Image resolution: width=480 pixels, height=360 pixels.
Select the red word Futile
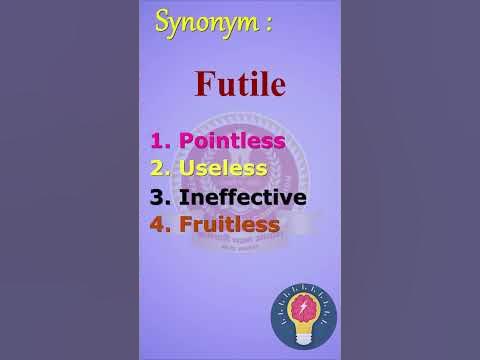pyautogui.click(x=239, y=83)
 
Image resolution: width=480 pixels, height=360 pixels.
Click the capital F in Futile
pyautogui.click(x=206, y=83)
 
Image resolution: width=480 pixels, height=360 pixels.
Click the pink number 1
pyautogui.click(x=158, y=142)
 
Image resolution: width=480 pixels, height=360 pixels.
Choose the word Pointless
pyautogui.click(x=231, y=142)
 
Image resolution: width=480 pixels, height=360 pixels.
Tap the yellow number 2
pyautogui.click(x=158, y=169)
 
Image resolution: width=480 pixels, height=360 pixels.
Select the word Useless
pyautogui.click(x=222, y=169)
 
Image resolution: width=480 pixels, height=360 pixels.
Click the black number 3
pyautogui.click(x=158, y=197)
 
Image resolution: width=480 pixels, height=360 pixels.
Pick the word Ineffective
pyautogui.click(x=242, y=197)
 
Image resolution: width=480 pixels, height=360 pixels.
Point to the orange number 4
pyautogui.click(x=158, y=224)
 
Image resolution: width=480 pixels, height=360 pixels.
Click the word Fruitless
pyautogui.click(x=228, y=224)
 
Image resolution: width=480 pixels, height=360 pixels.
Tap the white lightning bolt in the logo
pyautogui.click(x=304, y=307)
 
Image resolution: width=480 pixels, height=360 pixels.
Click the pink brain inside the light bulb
pyautogui.click(x=304, y=306)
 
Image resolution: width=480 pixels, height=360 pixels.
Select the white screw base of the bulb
pyautogui.click(x=304, y=335)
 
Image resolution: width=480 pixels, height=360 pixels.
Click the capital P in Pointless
pyautogui.click(x=186, y=142)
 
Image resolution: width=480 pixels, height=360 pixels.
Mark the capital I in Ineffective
pyautogui.click(x=181, y=197)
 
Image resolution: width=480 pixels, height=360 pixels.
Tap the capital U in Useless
pyautogui.click(x=187, y=169)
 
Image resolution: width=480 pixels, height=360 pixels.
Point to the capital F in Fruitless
pyautogui.click(x=185, y=224)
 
